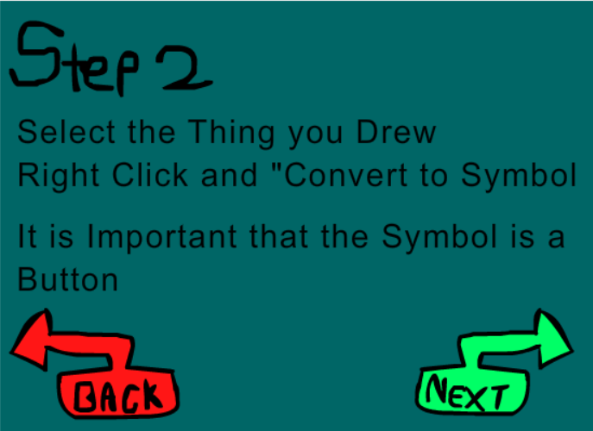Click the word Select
(66, 132)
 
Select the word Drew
(397, 132)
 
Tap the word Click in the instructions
(150, 175)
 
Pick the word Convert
(345, 175)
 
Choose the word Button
(68, 279)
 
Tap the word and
(230, 175)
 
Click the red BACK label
(118, 397)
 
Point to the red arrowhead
(31, 340)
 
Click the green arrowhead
(553, 339)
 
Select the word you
(315, 136)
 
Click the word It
(28, 236)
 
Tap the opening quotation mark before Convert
(278, 167)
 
